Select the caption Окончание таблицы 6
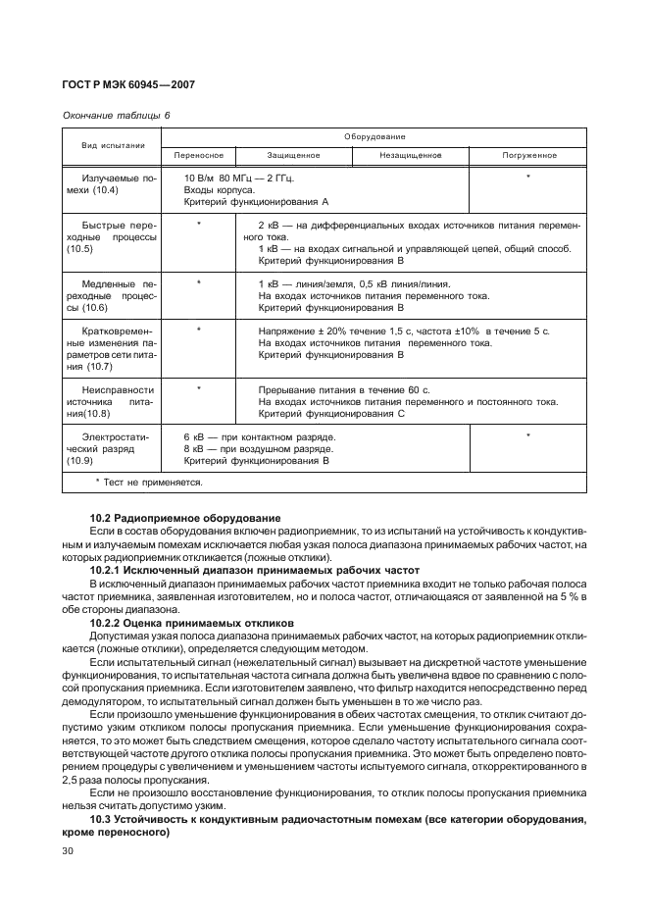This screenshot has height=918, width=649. click(x=116, y=115)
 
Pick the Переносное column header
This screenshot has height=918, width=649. click(x=199, y=155)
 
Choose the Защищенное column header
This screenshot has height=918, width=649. click(x=293, y=155)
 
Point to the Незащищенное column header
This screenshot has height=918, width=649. click(x=410, y=155)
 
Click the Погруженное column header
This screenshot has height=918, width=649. click(x=529, y=155)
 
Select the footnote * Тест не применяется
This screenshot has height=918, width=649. click(x=149, y=482)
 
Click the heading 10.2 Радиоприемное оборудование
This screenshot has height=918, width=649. click(x=185, y=517)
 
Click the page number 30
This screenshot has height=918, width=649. click(x=69, y=852)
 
